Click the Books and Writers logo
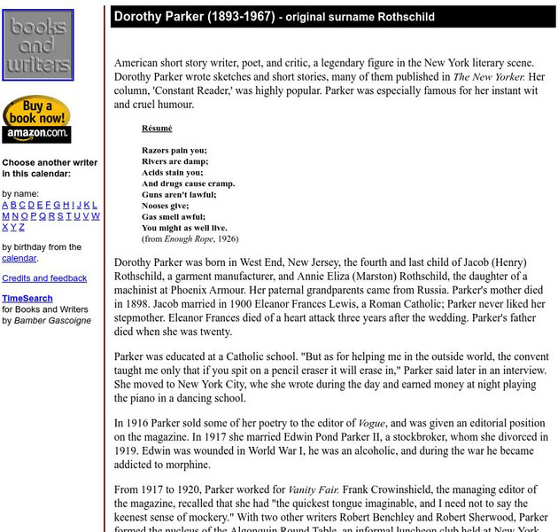37,45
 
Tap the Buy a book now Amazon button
36,120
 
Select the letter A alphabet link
5,205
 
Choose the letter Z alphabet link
22,227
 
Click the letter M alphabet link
6,215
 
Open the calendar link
19,258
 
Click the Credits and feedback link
44,278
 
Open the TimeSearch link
27,299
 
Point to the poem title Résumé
157,129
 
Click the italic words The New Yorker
488,77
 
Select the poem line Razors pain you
174,151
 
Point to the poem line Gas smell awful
174,216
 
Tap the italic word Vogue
370,424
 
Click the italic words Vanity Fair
313,489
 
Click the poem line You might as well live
184,227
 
